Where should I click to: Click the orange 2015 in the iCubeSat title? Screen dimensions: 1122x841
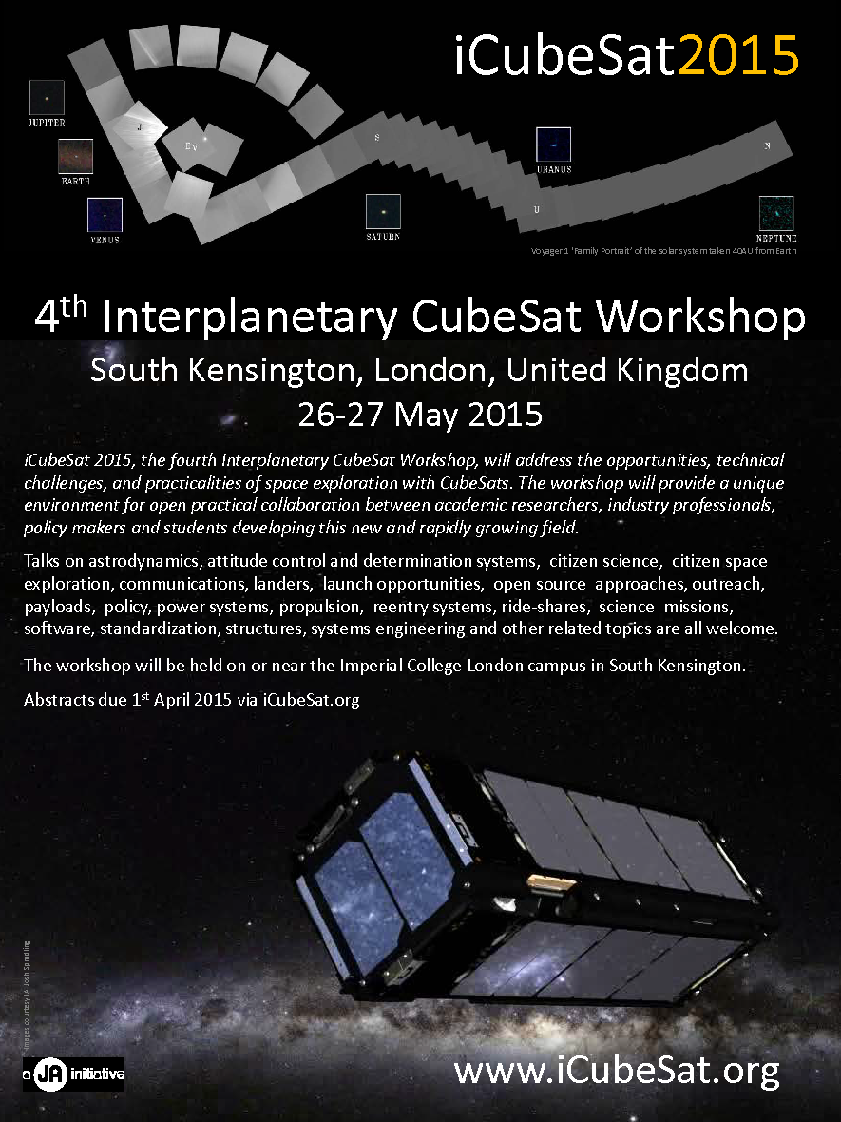(x=737, y=55)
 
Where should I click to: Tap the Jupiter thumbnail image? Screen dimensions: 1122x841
(x=47, y=97)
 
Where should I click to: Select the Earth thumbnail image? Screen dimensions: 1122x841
(x=75, y=156)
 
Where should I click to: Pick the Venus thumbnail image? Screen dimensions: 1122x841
(x=105, y=215)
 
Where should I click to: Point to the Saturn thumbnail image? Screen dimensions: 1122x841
(x=383, y=211)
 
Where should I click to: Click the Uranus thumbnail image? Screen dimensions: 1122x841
(x=553, y=145)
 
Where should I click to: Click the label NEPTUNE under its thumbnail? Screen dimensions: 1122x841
(x=776, y=238)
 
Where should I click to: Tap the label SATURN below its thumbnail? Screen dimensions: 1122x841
(x=383, y=236)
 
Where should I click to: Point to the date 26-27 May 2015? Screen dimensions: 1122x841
(x=420, y=415)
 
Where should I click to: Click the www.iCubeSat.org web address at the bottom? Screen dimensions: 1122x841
(x=617, y=1071)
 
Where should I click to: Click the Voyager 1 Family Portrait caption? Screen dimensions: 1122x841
(x=663, y=251)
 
